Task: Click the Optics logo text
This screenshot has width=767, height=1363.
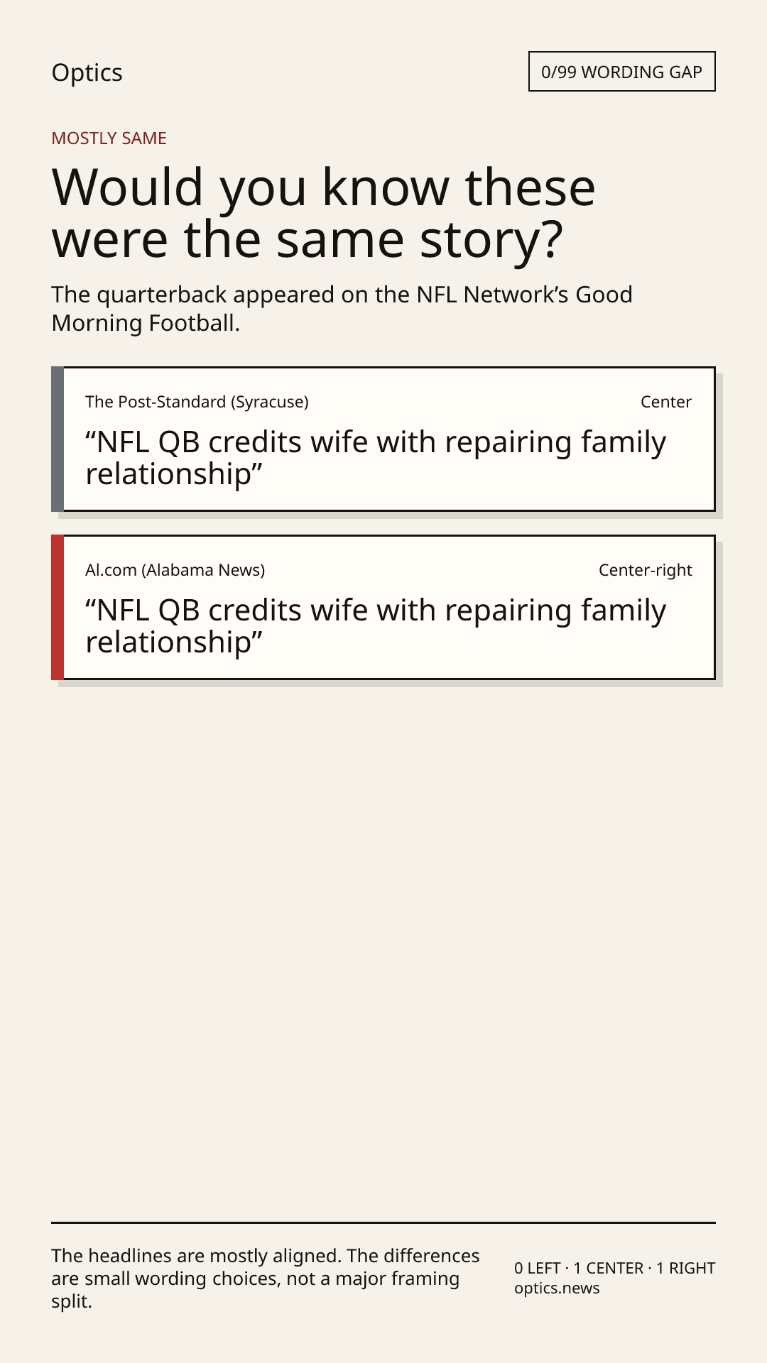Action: tap(87, 73)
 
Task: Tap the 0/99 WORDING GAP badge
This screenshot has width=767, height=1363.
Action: tap(621, 72)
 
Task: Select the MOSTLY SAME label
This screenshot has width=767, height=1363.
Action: tap(109, 138)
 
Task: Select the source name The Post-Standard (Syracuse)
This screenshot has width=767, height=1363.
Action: tap(197, 402)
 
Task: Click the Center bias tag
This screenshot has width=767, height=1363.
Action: tap(666, 402)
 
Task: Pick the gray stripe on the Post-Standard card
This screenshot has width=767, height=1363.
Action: tap(58, 439)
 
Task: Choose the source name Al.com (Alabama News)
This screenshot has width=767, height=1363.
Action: tap(175, 570)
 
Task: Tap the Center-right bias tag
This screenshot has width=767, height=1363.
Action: tap(646, 570)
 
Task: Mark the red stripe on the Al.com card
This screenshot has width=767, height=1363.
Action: tap(58, 608)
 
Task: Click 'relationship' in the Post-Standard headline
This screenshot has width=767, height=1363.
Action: tap(168, 474)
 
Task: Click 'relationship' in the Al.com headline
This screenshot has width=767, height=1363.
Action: tap(168, 642)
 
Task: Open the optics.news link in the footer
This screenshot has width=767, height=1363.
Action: tap(557, 1288)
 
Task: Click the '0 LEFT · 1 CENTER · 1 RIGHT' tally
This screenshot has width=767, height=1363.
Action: tap(615, 1268)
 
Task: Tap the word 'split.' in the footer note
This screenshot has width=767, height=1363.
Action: tap(72, 1302)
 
